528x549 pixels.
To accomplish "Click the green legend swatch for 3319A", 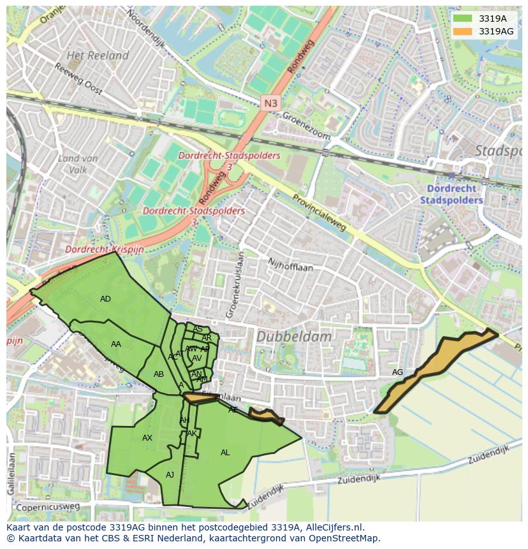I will [463, 18].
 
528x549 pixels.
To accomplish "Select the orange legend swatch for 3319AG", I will [463, 31].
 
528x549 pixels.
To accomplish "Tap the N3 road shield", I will [270, 102].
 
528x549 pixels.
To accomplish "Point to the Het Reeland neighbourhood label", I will [98, 55].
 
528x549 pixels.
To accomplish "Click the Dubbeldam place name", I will [294, 336].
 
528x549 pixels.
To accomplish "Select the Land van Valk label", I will [77, 164].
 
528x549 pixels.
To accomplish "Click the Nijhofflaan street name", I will [291, 265].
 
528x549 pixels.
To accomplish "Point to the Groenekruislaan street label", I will [233, 284].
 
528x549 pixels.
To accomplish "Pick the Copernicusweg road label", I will [48, 507].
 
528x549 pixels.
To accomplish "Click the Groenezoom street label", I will [307, 126].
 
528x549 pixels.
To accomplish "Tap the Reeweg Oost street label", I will [78, 79].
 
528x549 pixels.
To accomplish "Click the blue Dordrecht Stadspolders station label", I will [451, 194].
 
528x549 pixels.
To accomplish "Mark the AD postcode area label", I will [105, 299].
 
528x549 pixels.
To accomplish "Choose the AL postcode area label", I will [225, 453].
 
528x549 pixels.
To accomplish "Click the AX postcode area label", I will [147, 438].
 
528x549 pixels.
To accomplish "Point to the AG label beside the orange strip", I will [397, 372].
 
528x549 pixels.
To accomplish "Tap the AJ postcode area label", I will [170, 475].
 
